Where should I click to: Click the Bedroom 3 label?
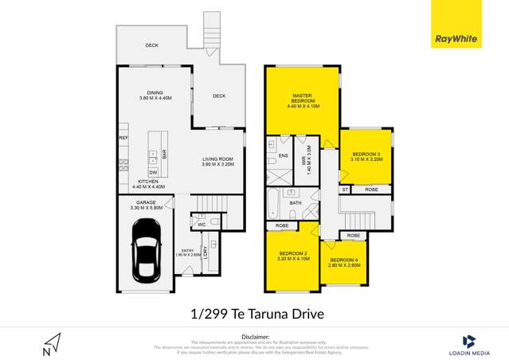[x=366, y=155]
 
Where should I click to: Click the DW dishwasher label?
[x=152, y=172]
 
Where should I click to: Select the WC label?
[x=202, y=224]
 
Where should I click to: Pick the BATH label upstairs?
[x=295, y=203]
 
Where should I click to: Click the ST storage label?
[x=345, y=190]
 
